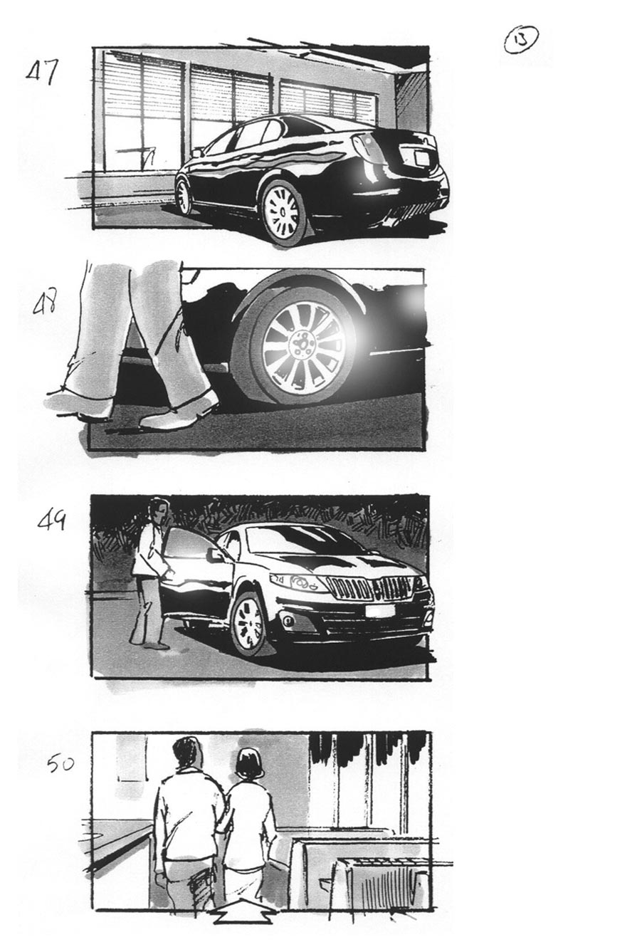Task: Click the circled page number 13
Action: pos(520,40)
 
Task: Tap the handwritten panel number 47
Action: pos(42,72)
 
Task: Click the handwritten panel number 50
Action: pos(60,765)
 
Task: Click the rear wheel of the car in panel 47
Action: pos(284,212)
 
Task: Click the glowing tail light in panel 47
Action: pos(364,152)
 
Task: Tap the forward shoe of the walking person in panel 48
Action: pos(177,414)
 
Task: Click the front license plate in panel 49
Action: pos(380,610)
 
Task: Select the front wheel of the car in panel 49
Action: pos(248,624)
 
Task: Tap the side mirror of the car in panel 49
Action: pos(214,555)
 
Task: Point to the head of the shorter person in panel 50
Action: pos(250,764)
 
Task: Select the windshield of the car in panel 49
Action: pos(299,539)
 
